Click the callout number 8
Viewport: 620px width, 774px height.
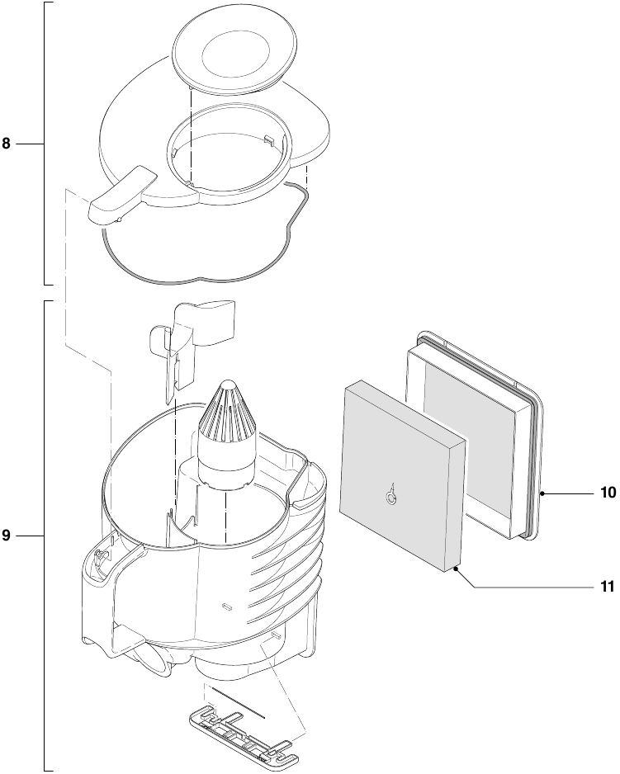click(7, 144)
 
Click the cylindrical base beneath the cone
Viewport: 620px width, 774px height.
click(223, 469)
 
